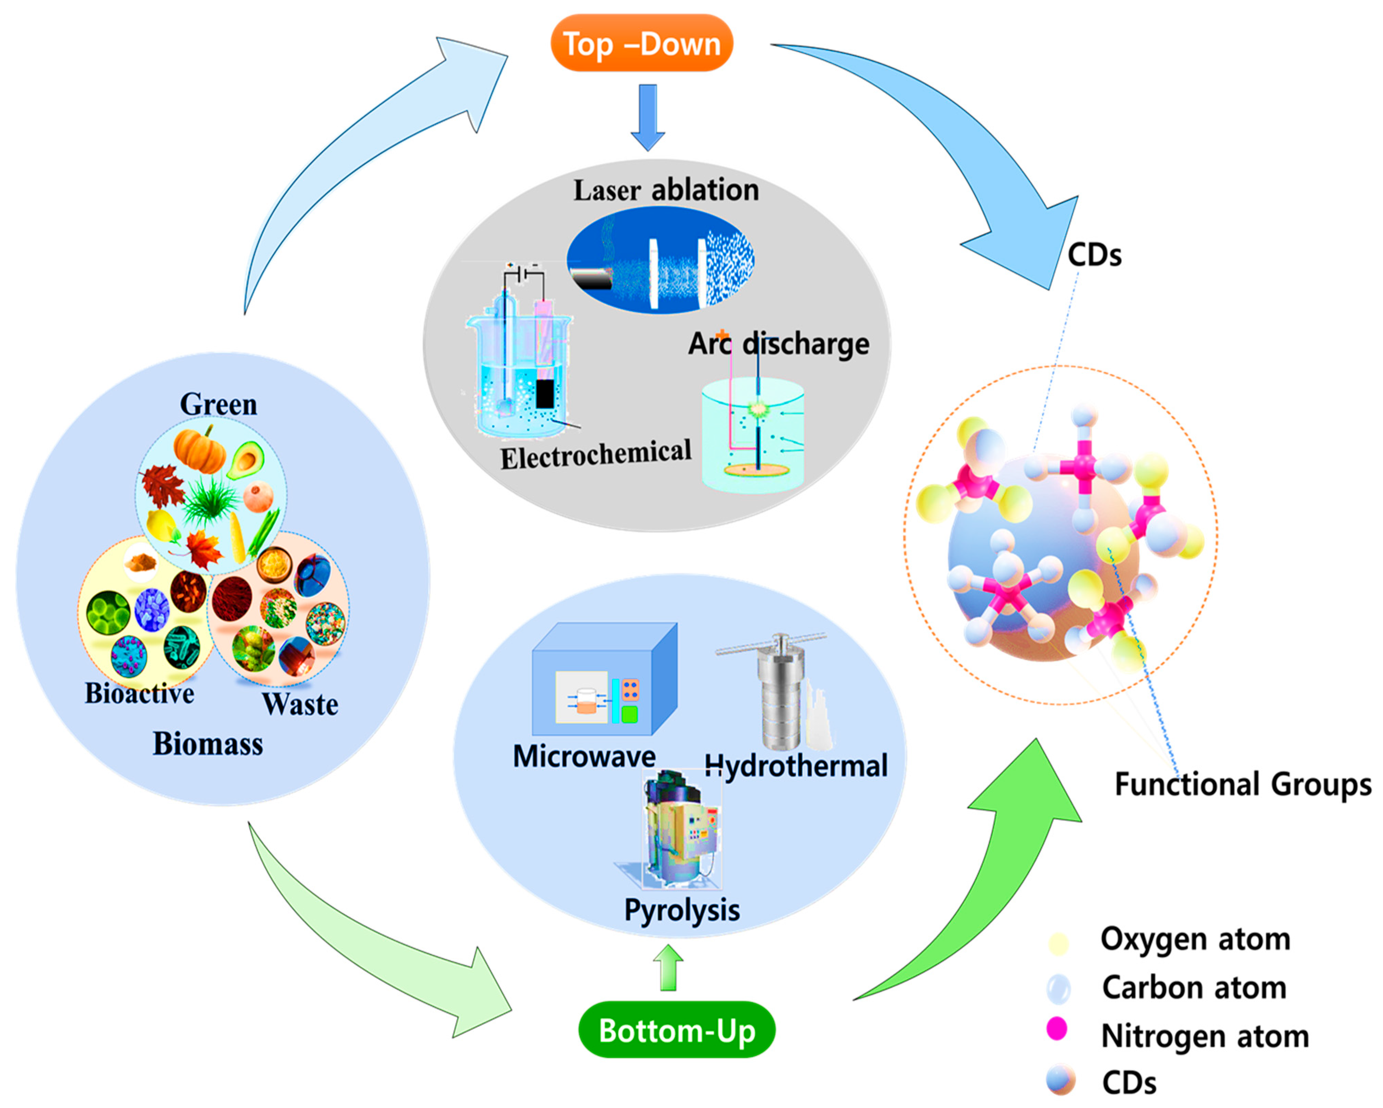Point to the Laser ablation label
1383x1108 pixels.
(665, 190)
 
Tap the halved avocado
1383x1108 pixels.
(246, 460)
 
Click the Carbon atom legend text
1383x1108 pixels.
(1194, 987)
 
